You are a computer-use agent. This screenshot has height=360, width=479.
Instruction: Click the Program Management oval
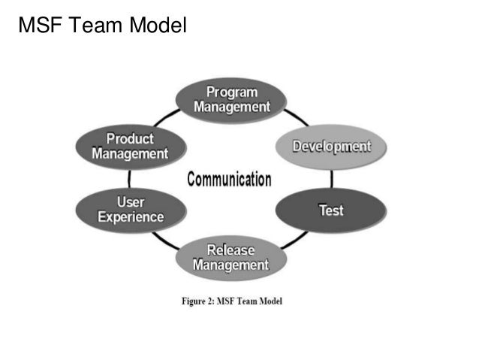tap(231, 99)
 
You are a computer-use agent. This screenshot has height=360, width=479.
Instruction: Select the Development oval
tap(331, 145)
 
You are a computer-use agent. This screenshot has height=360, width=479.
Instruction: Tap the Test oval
tap(331, 210)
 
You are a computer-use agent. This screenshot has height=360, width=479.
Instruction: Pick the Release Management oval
tap(230, 258)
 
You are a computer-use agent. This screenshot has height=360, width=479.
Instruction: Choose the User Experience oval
tap(131, 209)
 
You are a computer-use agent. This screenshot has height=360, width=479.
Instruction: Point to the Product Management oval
tap(130, 146)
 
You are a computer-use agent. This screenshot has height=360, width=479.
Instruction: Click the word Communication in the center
tap(229, 179)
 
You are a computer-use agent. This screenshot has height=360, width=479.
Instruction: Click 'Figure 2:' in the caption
tap(201, 301)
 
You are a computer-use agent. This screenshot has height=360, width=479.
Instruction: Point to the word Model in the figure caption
tap(268, 301)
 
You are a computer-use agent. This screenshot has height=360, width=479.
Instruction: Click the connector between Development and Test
tap(332, 178)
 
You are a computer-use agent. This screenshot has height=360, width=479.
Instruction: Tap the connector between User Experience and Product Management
tap(129, 178)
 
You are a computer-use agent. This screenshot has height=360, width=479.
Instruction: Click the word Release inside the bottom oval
tap(230, 250)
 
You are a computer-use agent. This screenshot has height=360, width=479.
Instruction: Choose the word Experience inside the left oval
tap(131, 217)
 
